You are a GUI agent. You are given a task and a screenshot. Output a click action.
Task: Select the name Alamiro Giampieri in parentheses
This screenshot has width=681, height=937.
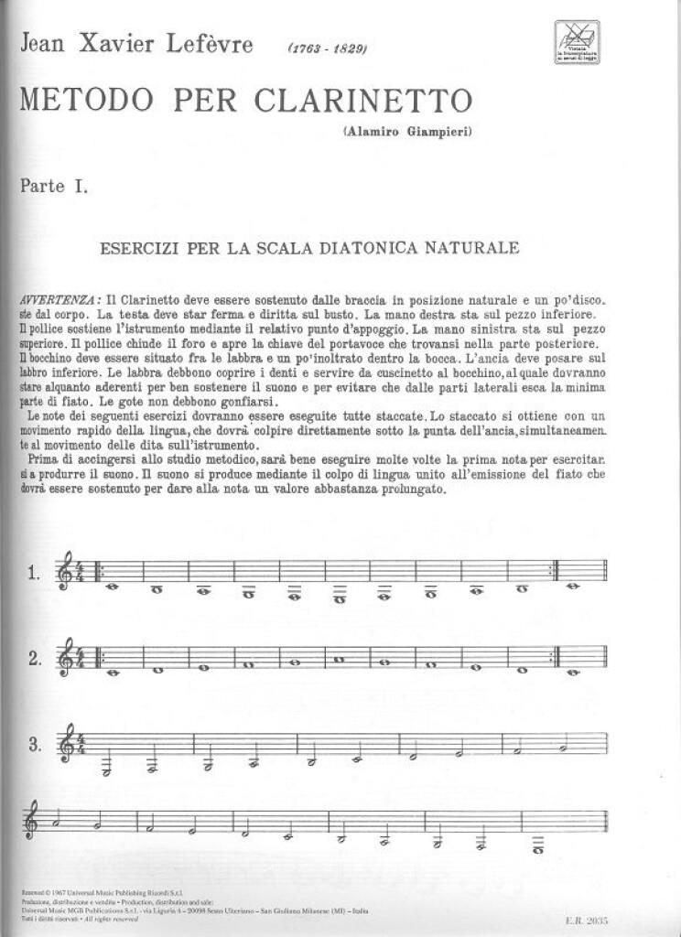click(x=408, y=133)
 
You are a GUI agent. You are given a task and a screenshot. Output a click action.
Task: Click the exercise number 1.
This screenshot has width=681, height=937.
click(x=34, y=575)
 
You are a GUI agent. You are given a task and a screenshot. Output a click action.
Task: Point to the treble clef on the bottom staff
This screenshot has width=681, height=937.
click(x=37, y=824)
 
